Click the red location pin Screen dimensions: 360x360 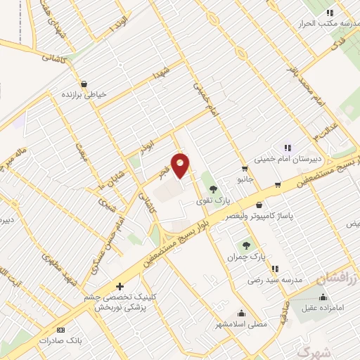[x=181, y=165]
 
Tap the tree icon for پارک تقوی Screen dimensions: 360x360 [x=213, y=188]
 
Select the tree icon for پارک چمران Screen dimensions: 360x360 [x=246, y=245]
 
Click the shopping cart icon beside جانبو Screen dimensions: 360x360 [x=244, y=168]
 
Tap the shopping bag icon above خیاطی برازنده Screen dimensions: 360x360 [x=84, y=84]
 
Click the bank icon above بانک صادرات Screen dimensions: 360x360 [x=60, y=330]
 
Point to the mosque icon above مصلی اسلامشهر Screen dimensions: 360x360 [x=242, y=314]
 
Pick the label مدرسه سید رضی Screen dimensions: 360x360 [x=274, y=279]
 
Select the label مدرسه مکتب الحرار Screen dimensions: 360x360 [x=331, y=22]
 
